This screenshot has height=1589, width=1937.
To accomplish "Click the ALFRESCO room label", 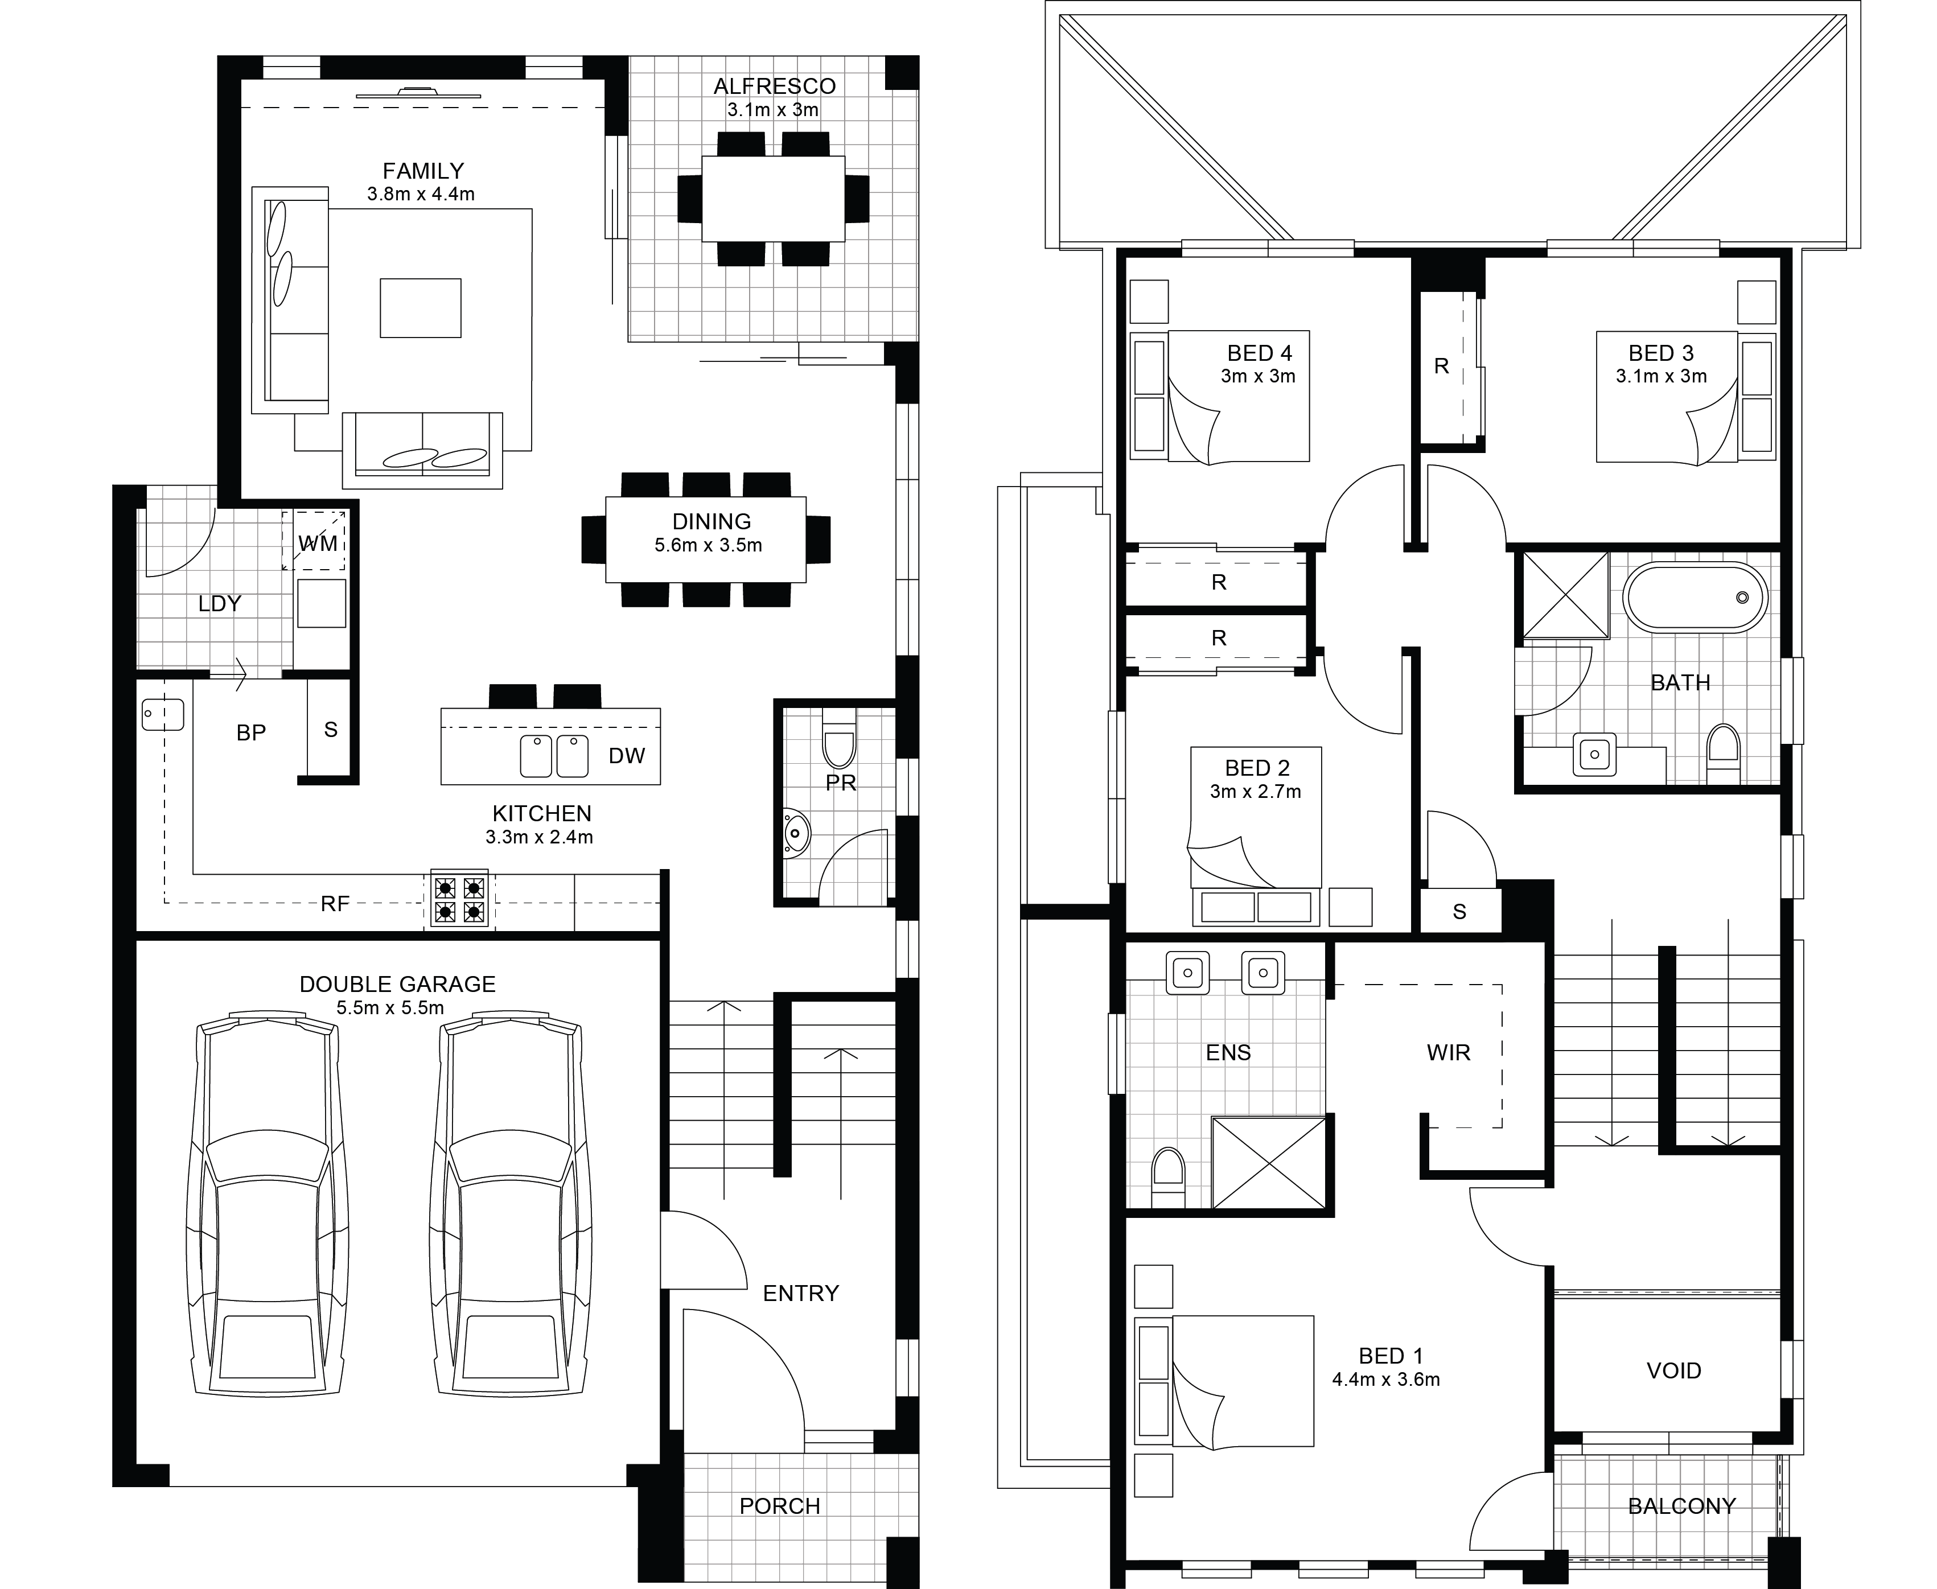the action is coord(775,86).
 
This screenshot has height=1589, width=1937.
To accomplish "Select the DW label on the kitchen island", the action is coord(627,755).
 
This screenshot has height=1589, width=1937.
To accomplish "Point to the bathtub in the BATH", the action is coord(1695,597).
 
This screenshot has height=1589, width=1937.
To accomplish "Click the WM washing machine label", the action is coord(319,544).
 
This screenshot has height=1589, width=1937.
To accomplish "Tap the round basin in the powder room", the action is coord(796,834).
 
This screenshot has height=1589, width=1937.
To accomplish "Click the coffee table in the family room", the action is coord(420,307).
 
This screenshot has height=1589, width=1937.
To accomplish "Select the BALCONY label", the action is coord(1681,1506).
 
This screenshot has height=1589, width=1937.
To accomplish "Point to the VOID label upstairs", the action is coord(1673,1370).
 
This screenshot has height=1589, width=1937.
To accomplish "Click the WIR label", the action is coord(1448,1053).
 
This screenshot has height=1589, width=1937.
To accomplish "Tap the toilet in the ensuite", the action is coord(1167,1178).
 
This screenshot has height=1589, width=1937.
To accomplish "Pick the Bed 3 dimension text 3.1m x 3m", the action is coord(1660,376).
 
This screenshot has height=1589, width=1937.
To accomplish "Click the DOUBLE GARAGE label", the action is coord(397,984).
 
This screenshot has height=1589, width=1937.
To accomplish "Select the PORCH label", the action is coord(779,1506).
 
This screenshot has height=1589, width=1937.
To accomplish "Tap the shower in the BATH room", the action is coord(1565,594).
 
